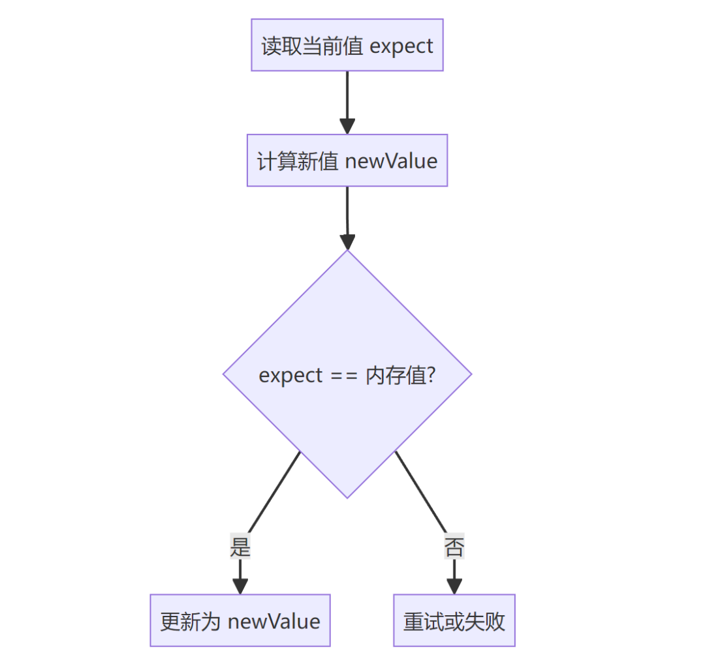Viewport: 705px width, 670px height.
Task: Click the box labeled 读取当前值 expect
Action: [347, 45]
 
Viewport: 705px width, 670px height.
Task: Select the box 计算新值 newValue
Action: [347, 160]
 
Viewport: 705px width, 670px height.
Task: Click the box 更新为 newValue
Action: [240, 620]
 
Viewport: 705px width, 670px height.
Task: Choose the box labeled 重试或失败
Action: [454, 620]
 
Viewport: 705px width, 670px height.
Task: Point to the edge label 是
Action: [240, 547]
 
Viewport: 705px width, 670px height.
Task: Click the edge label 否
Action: [454, 547]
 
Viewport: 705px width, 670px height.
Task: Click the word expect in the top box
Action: [401, 46]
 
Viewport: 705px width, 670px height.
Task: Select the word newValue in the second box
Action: [391, 161]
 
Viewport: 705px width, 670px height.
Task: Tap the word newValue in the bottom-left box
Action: [274, 621]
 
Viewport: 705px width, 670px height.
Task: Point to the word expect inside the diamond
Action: [290, 376]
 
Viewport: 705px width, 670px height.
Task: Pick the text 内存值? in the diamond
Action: [400, 376]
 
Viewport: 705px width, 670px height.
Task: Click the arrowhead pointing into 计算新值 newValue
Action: [347, 126]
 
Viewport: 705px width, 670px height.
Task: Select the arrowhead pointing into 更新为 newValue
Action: [240, 586]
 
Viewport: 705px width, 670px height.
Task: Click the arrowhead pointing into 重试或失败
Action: [454, 586]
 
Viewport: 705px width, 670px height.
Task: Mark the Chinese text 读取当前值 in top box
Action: [312, 46]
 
